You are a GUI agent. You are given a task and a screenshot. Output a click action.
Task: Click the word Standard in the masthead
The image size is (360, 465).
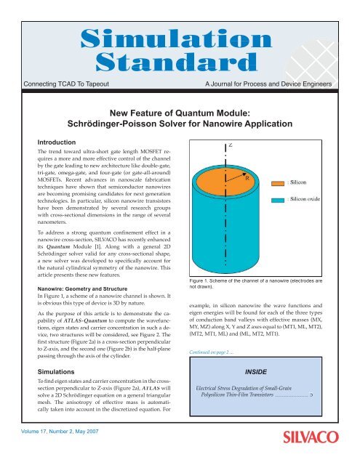point(179,60)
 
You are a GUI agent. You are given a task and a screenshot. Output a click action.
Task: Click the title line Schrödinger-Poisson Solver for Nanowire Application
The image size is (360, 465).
point(179,126)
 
